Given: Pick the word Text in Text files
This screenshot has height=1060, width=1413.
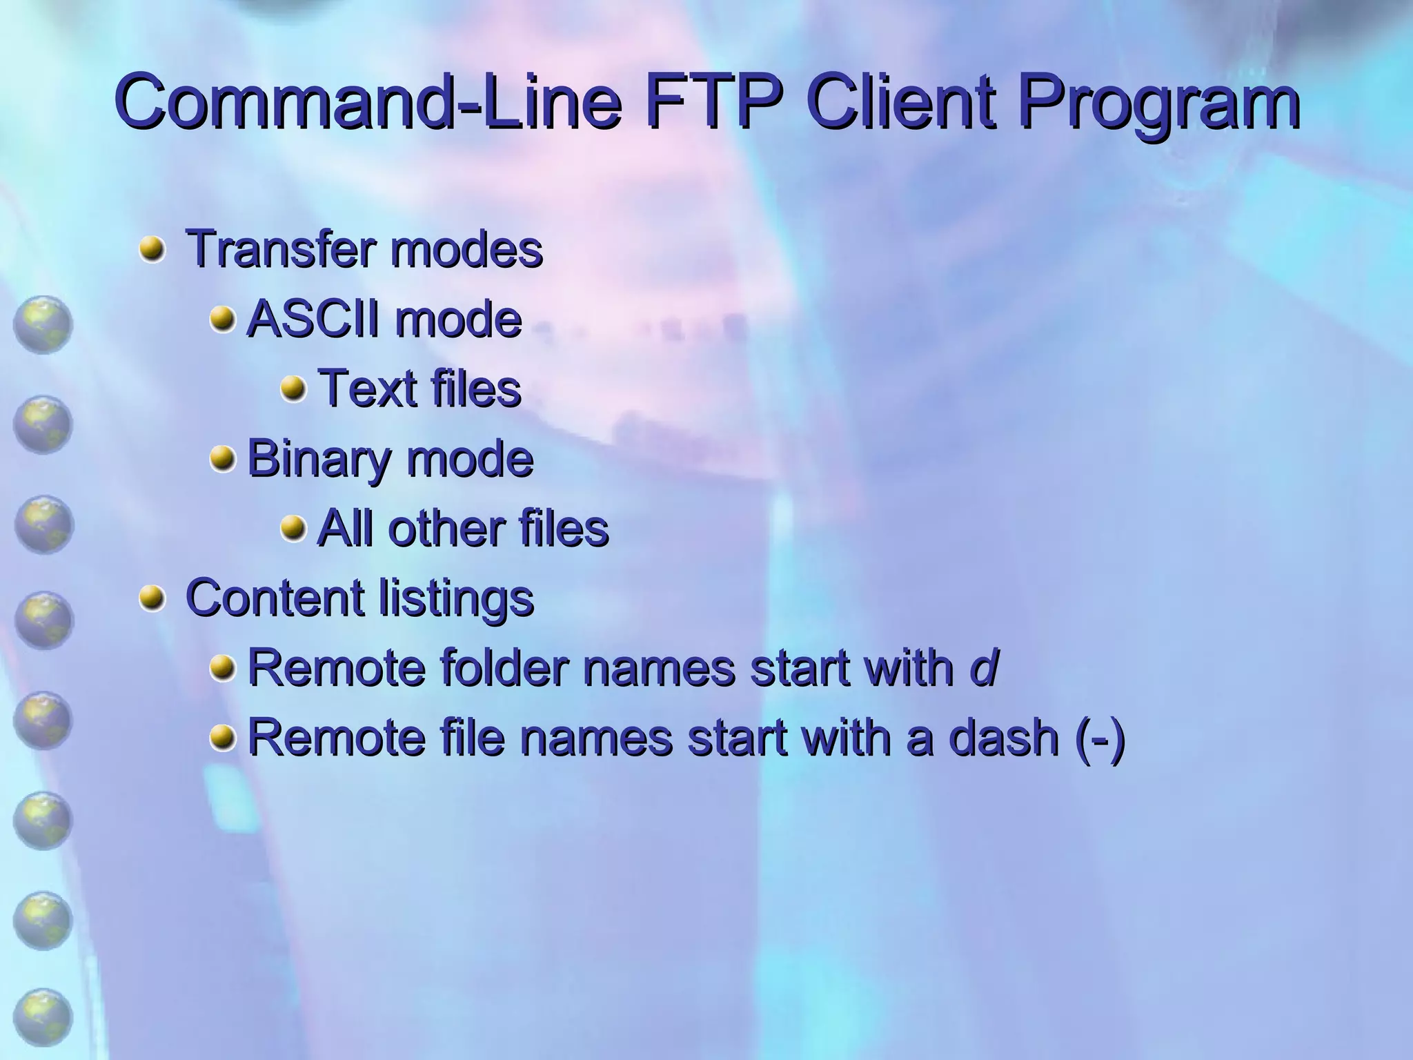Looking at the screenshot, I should pos(365,389).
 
